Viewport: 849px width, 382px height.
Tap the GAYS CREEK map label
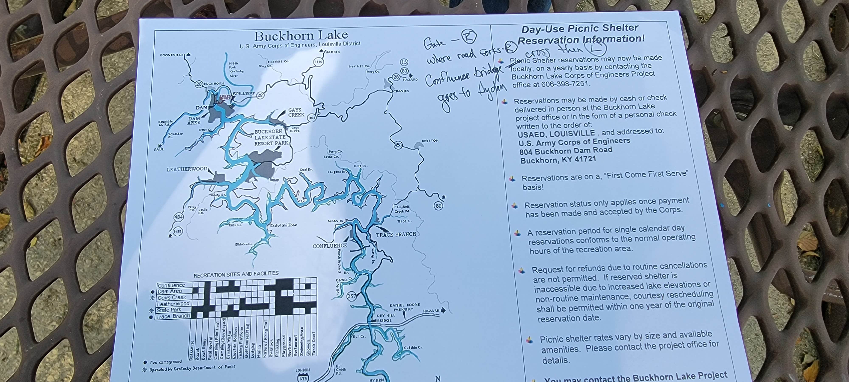[296, 112]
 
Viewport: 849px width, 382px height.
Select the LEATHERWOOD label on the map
[187, 169]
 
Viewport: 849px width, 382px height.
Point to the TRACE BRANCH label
[396, 234]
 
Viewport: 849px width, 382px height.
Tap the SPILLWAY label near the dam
[244, 94]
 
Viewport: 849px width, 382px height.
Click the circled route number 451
[398, 145]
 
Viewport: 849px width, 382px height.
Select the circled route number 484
[178, 217]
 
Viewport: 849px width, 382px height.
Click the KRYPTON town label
[430, 141]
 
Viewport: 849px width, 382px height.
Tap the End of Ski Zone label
[283, 225]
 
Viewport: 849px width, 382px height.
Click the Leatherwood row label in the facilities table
[173, 303]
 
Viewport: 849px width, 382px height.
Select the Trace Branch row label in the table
[173, 316]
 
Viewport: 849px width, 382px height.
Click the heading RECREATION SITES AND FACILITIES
[236, 274]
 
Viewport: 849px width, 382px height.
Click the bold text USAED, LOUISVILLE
[556, 134]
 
